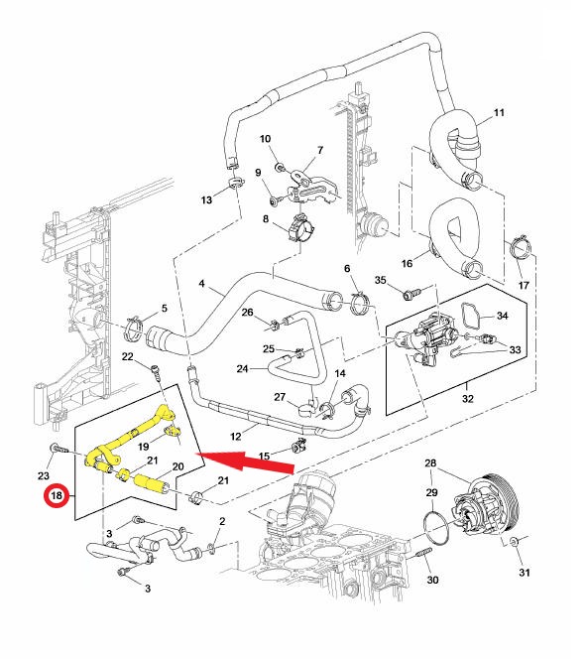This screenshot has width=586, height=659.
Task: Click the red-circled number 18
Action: click(x=57, y=495)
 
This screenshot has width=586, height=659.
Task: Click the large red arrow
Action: click(x=246, y=461)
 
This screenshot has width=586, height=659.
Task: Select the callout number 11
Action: click(x=499, y=112)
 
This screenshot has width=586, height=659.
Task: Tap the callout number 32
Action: click(x=468, y=398)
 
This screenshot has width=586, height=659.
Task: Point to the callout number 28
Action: click(x=430, y=462)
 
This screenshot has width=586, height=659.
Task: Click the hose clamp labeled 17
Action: click(x=521, y=249)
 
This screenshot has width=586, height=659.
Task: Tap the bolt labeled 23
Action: click(x=59, y=449)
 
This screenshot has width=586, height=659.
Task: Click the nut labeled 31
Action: click(x=514, y=542)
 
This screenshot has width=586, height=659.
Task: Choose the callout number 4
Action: click(x=201, y=284)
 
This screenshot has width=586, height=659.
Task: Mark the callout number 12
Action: click(x=236, y=437)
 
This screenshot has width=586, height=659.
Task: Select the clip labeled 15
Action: click(x=299, y=446)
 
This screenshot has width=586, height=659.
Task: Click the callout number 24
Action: click(x=242, y=368)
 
